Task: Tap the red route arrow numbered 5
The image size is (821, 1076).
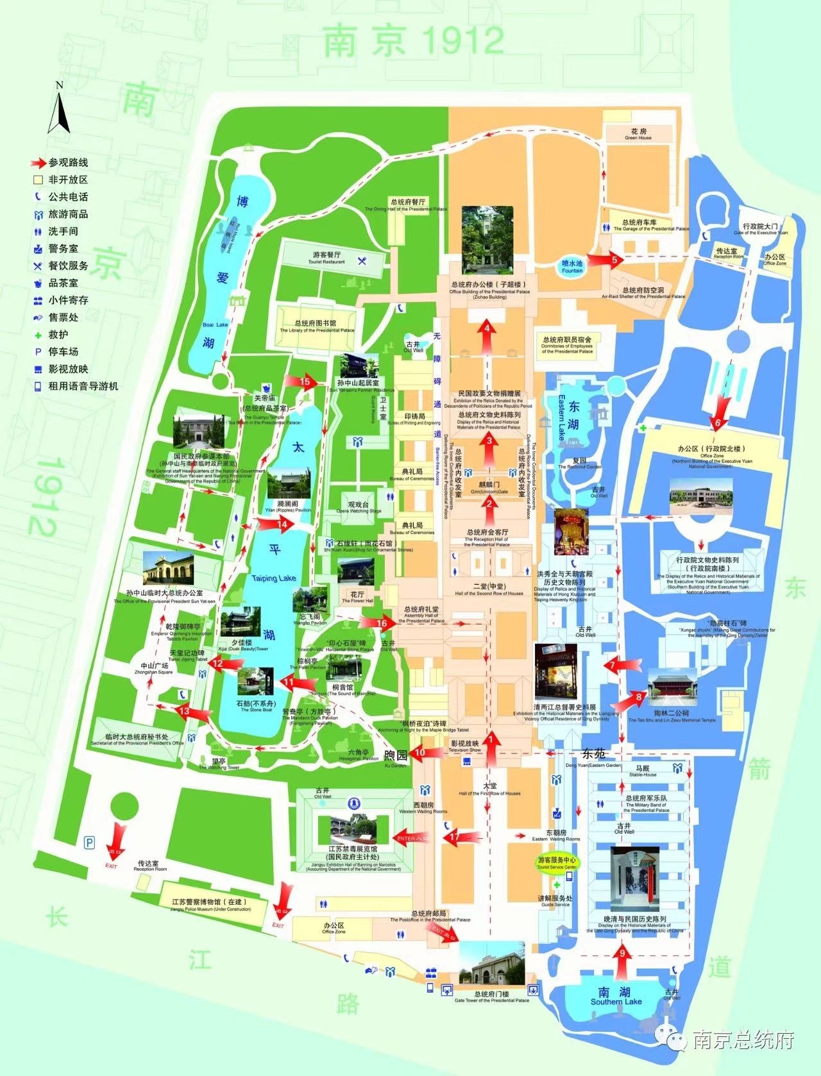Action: [x=604, y=259]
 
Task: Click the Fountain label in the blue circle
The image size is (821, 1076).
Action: [x=572, y=267]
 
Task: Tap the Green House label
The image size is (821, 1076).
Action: [x=638, y=135]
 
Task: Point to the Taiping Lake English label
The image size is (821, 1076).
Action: [x=274, y=578]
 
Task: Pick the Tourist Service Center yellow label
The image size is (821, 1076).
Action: [x=557, y=862]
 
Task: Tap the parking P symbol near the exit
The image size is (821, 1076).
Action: [x=90, y=842]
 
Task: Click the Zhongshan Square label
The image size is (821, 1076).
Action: [x=154, y=668]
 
